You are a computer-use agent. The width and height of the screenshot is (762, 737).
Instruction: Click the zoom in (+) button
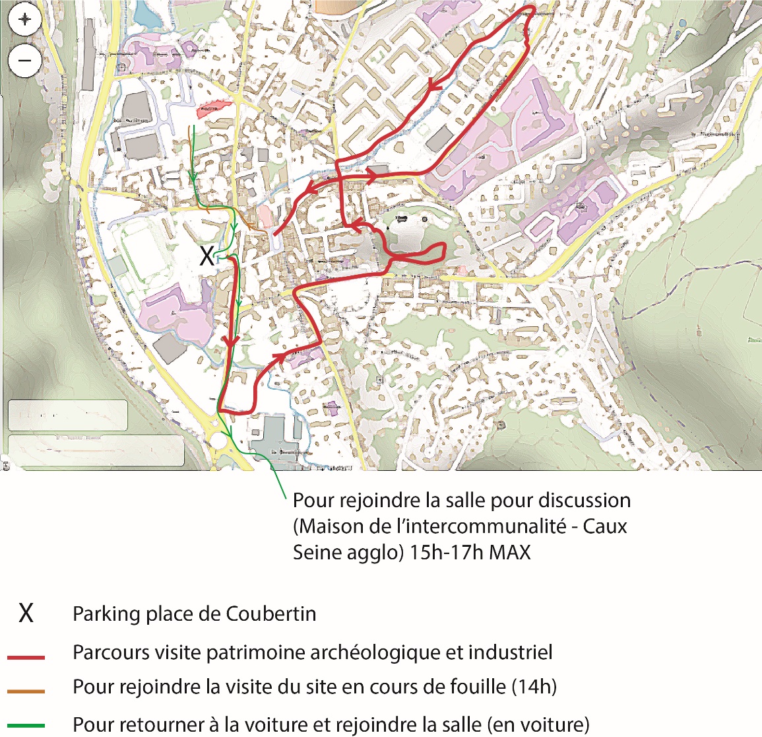pyautogui.click(x=24, y=20)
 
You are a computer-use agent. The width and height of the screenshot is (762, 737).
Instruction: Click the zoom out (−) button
pyautogui.click(x=24, y=61)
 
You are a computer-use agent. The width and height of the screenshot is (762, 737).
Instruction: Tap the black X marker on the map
pyautogui.click(x=206, y=256)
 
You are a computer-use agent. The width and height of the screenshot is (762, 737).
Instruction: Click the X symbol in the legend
pyautogui.click(x=26, y=614)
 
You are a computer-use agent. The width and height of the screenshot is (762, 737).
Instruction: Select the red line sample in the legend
pyautogui.click(x=26, y=657)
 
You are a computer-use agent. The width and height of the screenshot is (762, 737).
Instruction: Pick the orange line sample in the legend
pyautogui.click(x=26, y=691)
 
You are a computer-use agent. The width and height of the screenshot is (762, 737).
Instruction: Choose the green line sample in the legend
pyautogui.click(x=26, y=726)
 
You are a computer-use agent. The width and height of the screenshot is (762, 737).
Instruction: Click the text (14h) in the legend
pyautogui.click(x=534, y=687)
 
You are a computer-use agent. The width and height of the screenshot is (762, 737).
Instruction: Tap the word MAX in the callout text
pyautogui.click(x=509, y=552)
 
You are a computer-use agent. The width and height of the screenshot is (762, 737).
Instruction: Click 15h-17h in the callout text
pyautogui.click(x=445, y=552)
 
